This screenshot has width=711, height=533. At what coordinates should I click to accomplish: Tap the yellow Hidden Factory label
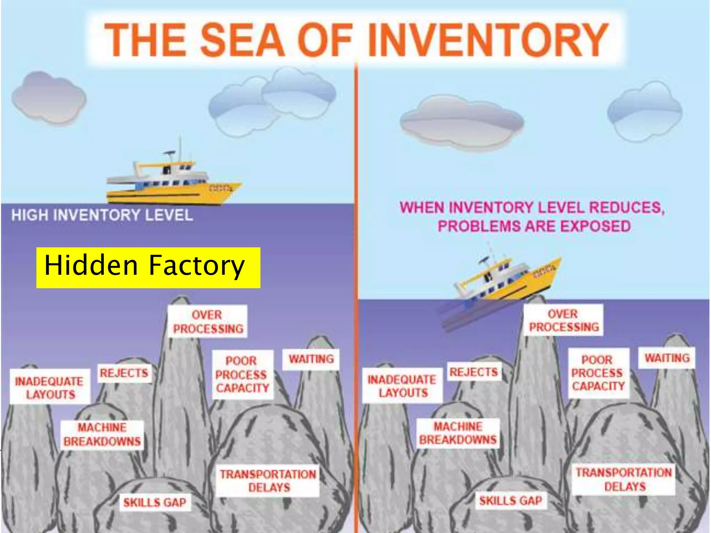coord(148,268)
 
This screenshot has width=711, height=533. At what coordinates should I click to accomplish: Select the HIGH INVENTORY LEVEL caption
coord(102,215)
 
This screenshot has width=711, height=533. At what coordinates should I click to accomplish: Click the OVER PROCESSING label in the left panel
coord(208,322)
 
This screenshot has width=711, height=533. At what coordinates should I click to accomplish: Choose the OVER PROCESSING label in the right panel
coord(563,320)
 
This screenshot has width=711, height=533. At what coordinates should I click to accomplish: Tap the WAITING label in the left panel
coord(311,359)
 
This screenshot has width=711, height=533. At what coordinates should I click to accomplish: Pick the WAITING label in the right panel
coord(667,358)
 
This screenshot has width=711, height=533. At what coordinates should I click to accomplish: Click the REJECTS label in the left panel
coord(124,373)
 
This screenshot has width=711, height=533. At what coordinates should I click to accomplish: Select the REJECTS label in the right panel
coord(474,372)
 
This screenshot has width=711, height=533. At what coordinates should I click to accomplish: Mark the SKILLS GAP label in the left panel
coord(155,502)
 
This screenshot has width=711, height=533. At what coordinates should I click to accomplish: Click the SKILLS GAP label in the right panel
coord(511,501)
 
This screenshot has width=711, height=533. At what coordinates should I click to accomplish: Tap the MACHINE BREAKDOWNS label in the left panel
coord(102,435)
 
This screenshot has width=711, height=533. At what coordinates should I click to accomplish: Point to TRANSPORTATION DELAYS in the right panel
coord(624,480)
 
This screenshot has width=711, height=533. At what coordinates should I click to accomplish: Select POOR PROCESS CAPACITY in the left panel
coord(242,375)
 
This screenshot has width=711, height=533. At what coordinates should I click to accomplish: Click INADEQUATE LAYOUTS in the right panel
coord(402,386)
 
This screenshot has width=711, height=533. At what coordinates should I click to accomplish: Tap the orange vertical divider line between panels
coord(356,243)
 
